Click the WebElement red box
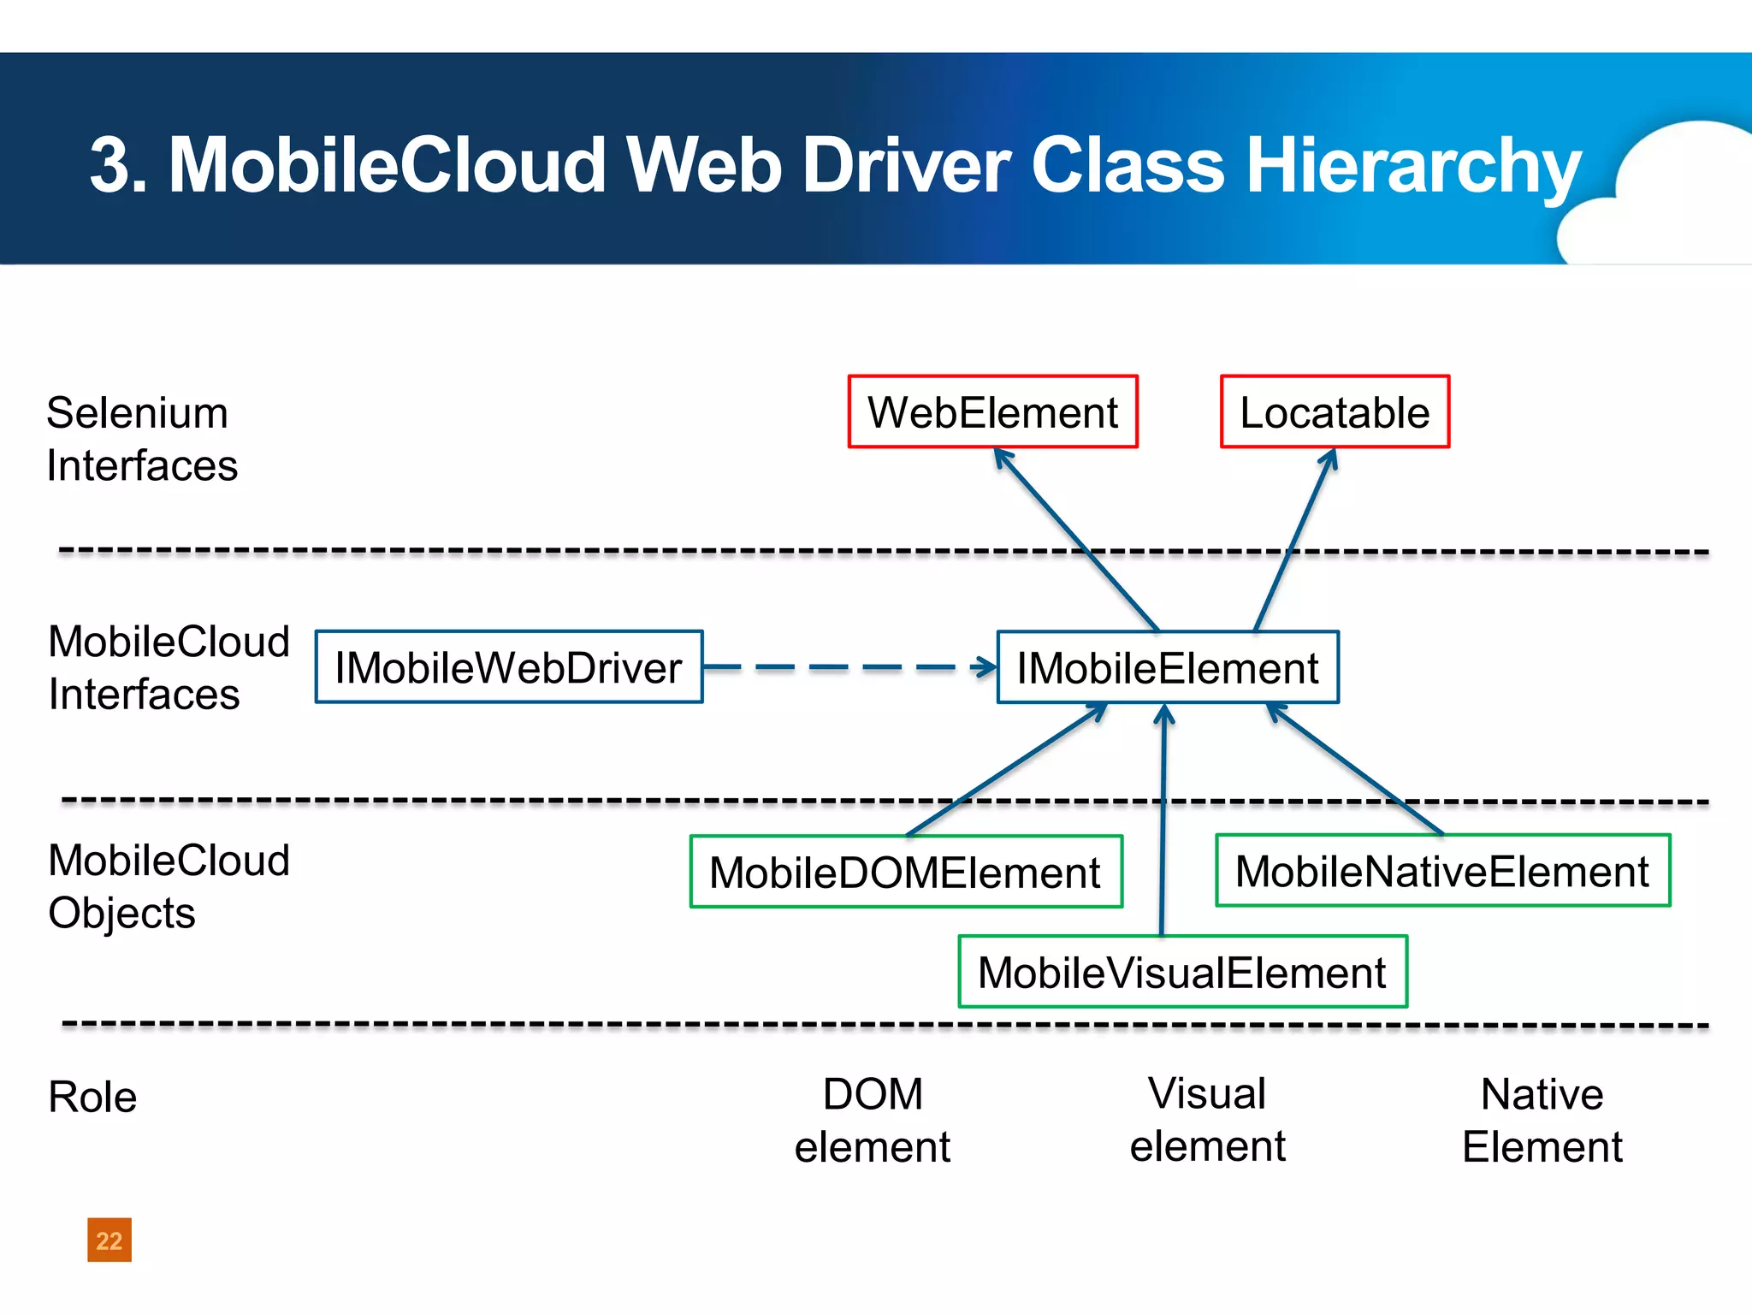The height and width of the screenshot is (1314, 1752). (x=992, y=411)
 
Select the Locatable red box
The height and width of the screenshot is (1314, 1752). (x=1335, y=411)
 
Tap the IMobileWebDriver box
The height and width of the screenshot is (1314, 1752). (x=509, y=667)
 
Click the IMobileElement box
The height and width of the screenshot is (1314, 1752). (x=1168, y=667)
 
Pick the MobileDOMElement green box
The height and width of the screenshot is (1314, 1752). (x=906, y=872)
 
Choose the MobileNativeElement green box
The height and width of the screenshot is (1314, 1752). (x=1442, y=871)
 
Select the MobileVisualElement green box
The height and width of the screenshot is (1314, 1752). (x=1182, y=972)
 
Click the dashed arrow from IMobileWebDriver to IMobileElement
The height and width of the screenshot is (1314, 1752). (x=847, y=667)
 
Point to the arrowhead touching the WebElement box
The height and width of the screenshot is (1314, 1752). (x=1003, y=458)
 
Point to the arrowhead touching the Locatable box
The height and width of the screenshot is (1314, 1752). (x=1329, y=459)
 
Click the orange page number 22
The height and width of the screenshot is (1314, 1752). (x=109, y=1240)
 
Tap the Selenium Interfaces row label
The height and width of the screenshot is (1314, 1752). (x=141, y=439)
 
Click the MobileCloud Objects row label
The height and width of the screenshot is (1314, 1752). (x=169, y=886)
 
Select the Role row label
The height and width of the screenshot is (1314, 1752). (x=92, y=1097)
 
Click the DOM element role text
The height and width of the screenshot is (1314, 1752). (x=872, y=1120)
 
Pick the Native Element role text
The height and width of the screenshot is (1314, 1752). (x=1542, y=1120)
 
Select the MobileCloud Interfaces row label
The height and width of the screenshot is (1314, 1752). (x=169, y=667)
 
